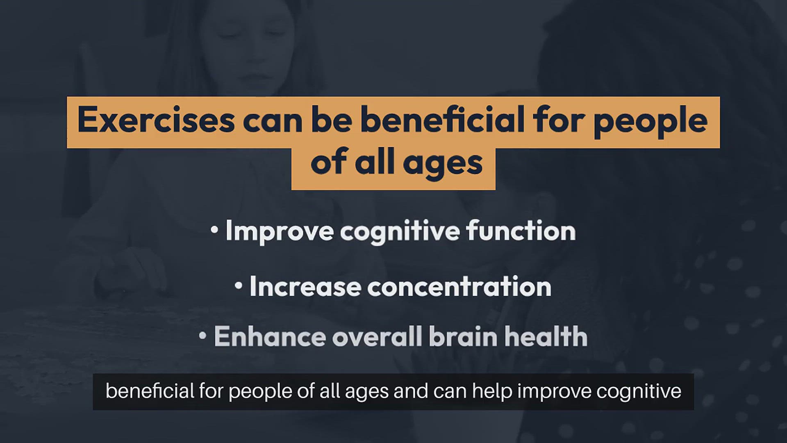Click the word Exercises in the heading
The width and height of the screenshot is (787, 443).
pyautogui.click(x=156, y=120)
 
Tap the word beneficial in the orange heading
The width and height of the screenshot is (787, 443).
pyautogui.click(x=443, y=120)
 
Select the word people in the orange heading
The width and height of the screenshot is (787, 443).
pyautogui.click(x=651, y=123)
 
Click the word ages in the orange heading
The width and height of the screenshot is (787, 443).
pyautogui.click(x=443, y=164)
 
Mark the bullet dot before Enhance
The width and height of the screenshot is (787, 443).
pyautogui.click(x=202, y=336)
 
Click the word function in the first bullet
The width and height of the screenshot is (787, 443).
pyautogui.click(x=521, y=231)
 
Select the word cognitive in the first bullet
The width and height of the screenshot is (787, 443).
pyautogui.click(x=400, y=232)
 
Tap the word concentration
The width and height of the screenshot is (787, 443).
pyautogui.click(x=459, y=286)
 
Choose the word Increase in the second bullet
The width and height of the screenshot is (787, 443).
pyautogui.click(x=305, y=286)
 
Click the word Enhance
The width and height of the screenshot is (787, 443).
pyautogui.click(x=270, y=336)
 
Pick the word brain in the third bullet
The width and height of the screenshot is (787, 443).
pyautogui.click(x=463, y=336)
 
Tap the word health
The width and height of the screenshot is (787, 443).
pyautogui.click(x=546, y=336)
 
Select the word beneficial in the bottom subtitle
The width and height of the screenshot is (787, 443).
pyautogui.click(x=150, y=391)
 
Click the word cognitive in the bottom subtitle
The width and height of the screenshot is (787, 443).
pyautogui.click(x=639, y=392)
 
